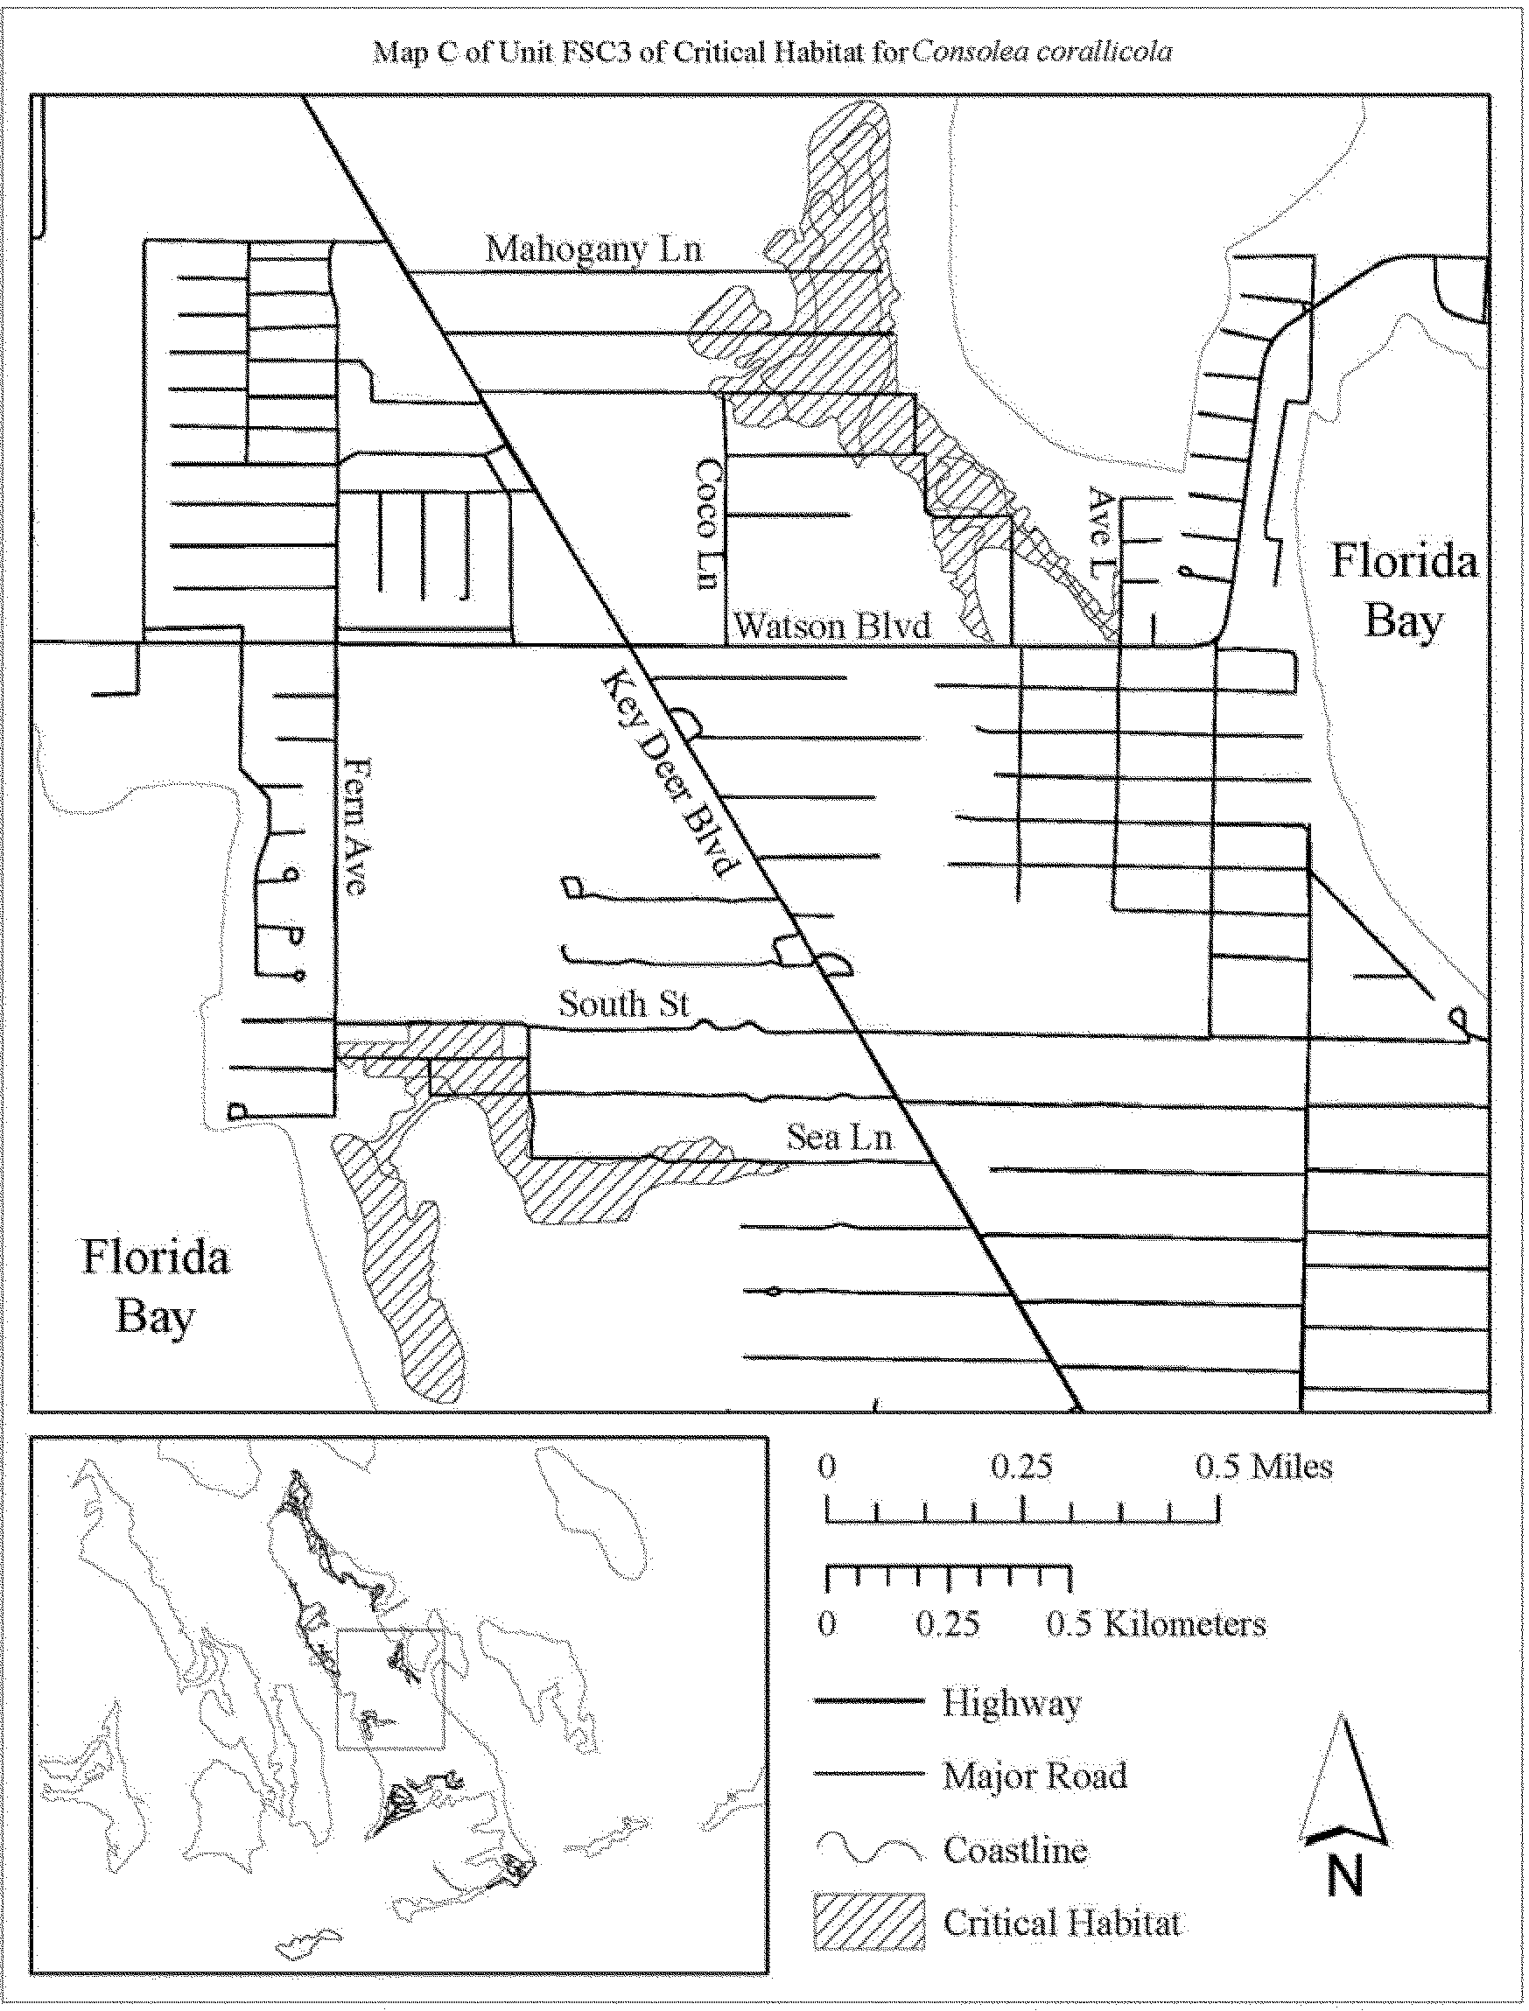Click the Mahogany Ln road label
593,249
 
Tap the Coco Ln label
708,523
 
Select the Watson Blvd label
831,626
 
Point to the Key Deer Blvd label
668,774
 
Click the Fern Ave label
356,826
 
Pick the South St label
623,1004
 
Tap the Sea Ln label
839,1138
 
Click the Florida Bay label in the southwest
156,1287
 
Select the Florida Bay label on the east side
1403,590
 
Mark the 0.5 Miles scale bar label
1263,1467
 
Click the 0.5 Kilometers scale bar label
1156,1625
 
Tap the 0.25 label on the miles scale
1022,1467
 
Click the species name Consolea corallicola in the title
1042,52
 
